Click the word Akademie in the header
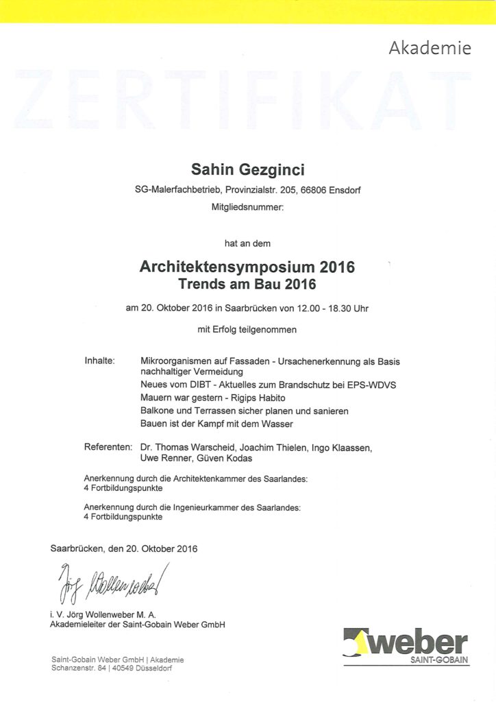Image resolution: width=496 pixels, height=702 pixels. click(430, 48)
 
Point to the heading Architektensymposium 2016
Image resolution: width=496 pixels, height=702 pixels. click(247, 267)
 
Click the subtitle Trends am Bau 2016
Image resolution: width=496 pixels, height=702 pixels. click(247, 282)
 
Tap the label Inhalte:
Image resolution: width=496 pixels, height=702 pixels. click(99, 361)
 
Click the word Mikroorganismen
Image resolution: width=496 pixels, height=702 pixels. click(178, 361)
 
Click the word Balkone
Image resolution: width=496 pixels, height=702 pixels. click(157, 411)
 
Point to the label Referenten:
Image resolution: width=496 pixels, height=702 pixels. click(108, 448)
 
